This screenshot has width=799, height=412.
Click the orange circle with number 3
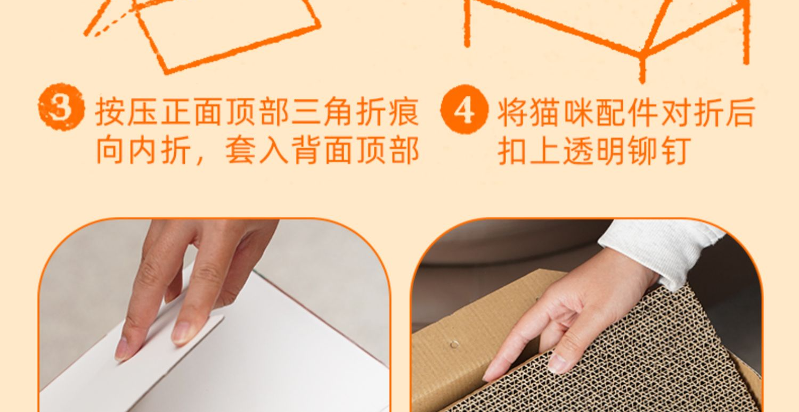click(61, 107)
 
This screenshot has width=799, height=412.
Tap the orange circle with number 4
click(464, 109)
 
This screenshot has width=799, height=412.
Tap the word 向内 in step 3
click(126, 151)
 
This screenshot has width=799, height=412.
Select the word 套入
click(257, 151)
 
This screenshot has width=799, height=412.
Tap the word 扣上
click(528, 151)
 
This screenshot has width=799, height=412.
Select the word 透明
click(594, 151)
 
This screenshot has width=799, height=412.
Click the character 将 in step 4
click(512, 112)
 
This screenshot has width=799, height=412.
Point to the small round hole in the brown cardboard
click(454, 344)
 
